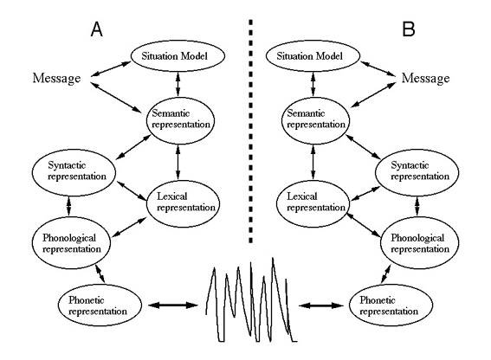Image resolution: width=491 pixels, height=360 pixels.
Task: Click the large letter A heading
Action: point(97,29)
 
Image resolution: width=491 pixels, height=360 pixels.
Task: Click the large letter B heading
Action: point(409,29)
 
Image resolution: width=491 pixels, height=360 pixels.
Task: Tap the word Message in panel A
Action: point(56,78)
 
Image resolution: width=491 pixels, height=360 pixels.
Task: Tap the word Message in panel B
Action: point(425,78)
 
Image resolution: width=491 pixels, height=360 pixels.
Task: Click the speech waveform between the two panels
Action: point(251,300)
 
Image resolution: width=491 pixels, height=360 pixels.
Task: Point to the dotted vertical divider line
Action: point(250,132)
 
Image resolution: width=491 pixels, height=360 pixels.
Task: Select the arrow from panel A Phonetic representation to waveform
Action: point(173,305)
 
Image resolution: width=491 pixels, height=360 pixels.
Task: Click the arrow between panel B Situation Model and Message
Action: point(378,68)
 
